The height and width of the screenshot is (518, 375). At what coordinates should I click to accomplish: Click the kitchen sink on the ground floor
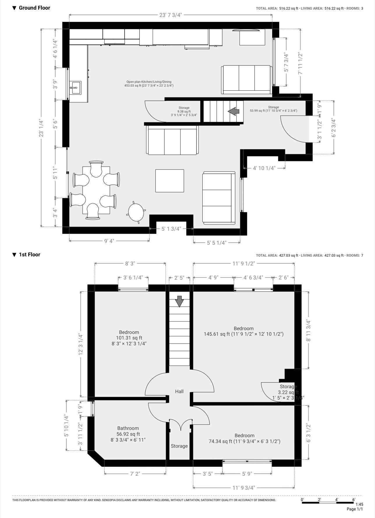75,87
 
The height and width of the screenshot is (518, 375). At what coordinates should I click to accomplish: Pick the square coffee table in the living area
169,181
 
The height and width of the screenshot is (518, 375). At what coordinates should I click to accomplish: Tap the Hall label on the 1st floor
179,391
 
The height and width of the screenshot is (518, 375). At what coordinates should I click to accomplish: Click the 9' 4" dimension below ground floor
109,241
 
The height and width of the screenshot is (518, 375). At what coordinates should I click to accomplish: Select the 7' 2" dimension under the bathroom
135,473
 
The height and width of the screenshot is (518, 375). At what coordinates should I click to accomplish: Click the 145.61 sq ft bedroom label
244,331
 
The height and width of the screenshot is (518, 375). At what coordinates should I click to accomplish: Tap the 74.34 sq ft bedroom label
244,438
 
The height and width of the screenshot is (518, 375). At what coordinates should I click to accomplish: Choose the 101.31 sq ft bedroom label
129,338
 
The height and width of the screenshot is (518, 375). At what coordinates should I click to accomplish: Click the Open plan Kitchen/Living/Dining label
149,84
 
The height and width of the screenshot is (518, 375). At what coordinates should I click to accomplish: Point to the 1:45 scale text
359,504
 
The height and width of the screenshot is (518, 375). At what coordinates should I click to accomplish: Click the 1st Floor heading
29,255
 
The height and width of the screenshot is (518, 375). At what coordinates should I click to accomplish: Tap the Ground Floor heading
34,8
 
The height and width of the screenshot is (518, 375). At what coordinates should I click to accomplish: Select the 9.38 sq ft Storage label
184,111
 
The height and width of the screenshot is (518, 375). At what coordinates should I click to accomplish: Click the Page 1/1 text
355,509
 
